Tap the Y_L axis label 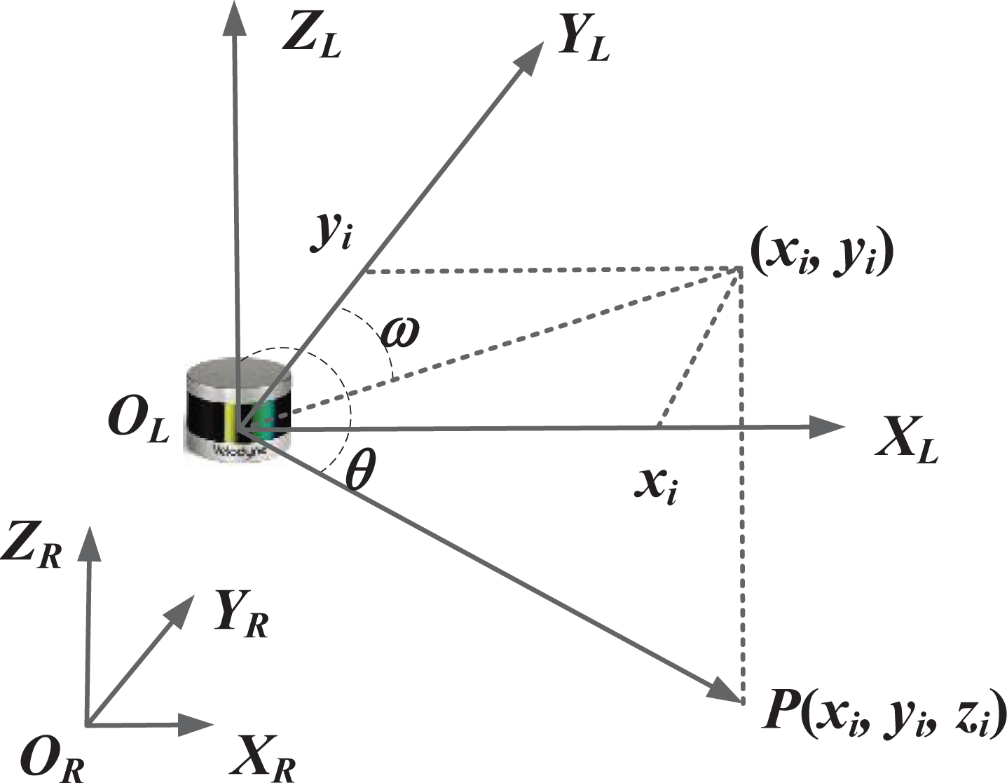tap(583, 43)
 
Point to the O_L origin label tap(138, 425)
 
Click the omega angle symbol tap(399, 332)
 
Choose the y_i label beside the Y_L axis tap(331, 232)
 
